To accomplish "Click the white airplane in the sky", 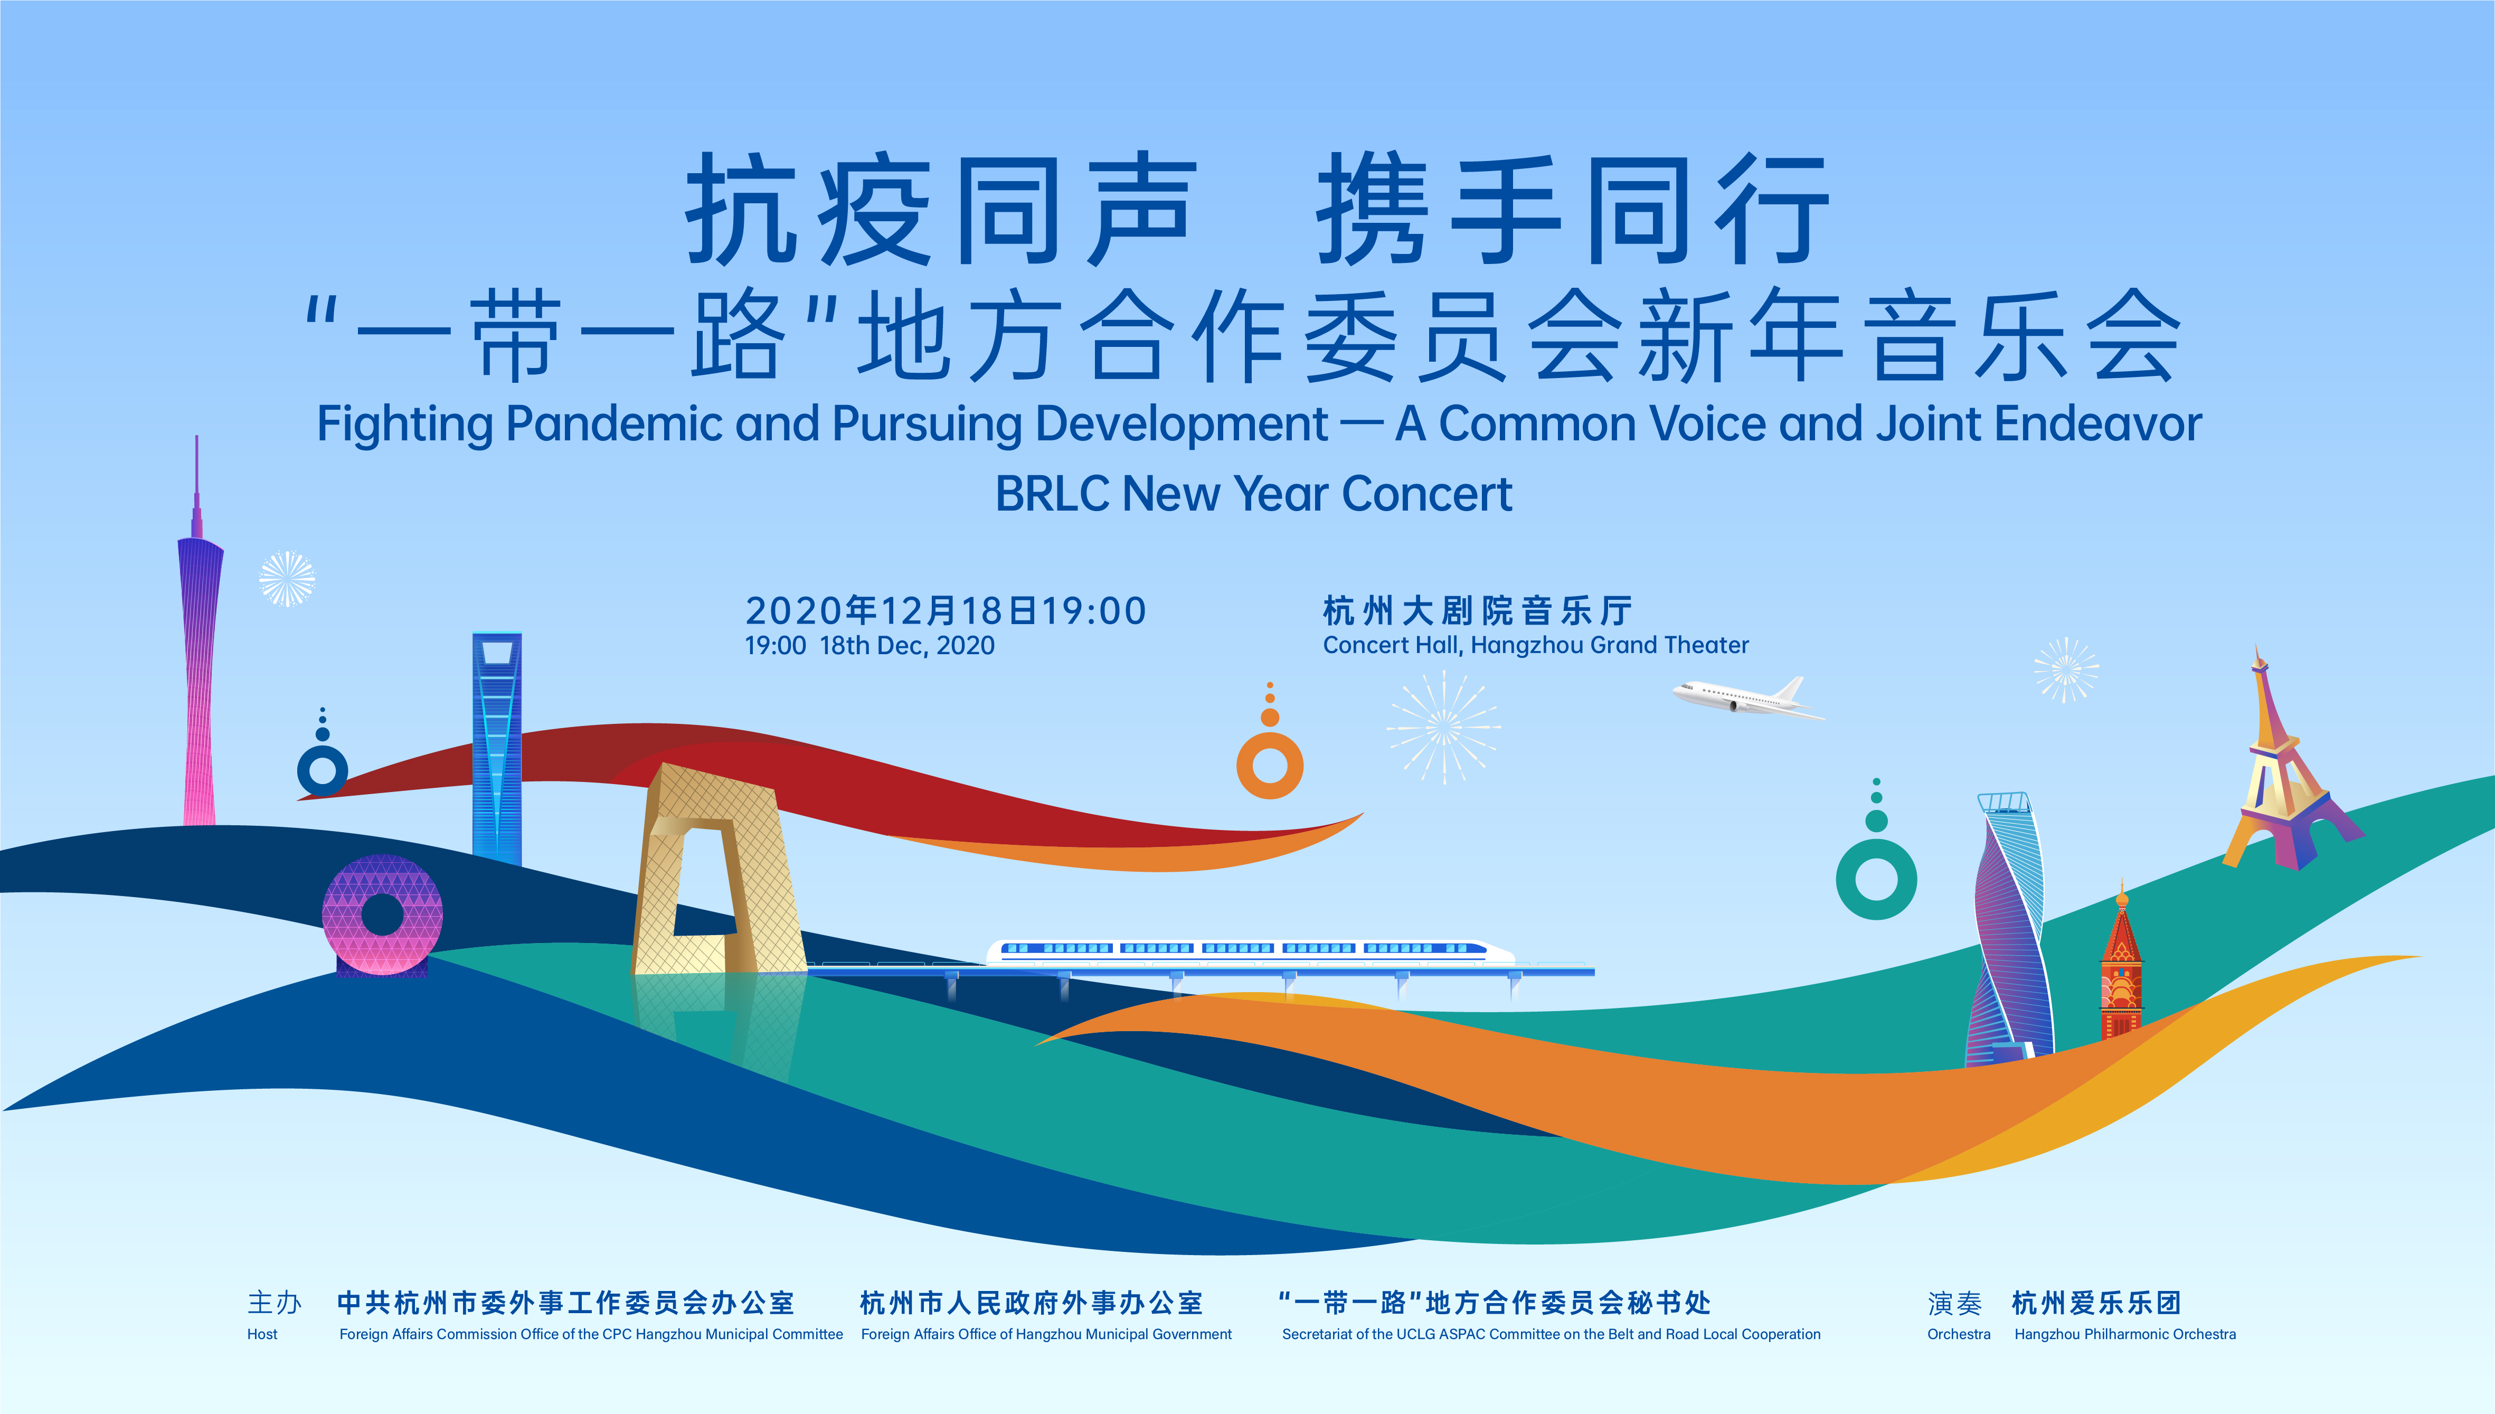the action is tap(1747, 698).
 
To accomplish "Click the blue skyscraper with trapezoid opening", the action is tap(497, 748).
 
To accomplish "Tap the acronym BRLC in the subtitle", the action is tap(1052, 493).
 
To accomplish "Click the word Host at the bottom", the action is tap(262, 1334).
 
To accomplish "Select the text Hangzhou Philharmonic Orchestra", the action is tap(2125, 1334).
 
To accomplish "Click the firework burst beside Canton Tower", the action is tap(287, 579).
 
